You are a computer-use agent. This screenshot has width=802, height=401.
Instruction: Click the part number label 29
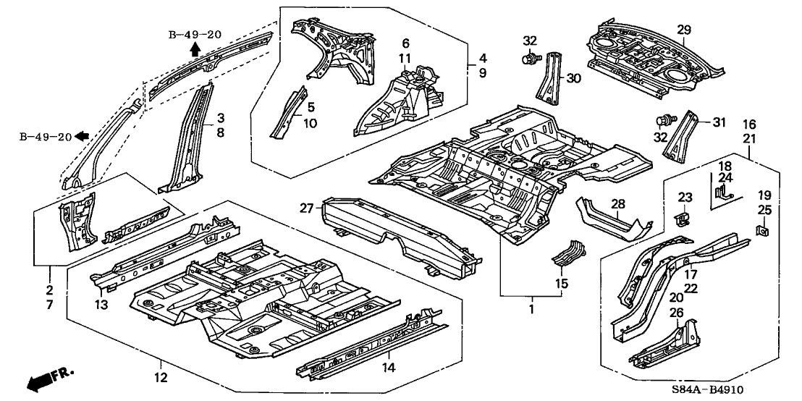684,30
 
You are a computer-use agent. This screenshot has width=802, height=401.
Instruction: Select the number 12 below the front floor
160,376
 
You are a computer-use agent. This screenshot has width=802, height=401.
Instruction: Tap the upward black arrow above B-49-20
195,48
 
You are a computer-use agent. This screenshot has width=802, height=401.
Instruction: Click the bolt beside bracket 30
531,56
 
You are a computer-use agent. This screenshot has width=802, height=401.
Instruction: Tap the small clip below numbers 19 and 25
762,233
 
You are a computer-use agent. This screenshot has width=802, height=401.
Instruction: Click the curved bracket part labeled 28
612,221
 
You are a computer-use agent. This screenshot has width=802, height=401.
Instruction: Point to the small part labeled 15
570,253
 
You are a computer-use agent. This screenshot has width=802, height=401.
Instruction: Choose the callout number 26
677,313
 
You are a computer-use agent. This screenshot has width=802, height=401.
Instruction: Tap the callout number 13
101,305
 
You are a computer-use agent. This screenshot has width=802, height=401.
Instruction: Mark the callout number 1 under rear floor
532,309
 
